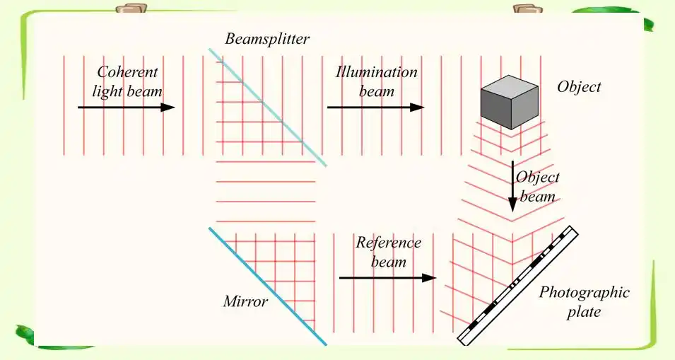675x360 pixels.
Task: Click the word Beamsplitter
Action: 267,39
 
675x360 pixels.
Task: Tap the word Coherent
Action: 127,72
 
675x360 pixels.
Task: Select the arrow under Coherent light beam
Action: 126,107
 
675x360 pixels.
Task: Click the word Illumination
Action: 377,72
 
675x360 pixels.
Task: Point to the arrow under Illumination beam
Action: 375,107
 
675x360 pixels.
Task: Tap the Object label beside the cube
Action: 579,87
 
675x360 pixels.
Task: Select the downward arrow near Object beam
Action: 513,187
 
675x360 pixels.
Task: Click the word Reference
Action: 388,243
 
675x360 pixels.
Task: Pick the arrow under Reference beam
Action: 387,278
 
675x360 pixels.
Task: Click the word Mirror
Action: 245,302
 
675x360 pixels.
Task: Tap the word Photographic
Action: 585,292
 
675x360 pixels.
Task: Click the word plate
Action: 583,312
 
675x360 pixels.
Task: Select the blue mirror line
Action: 267,286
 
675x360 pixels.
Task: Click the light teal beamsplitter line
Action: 267,107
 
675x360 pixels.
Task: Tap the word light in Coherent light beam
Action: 109,92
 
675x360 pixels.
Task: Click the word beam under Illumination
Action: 376,91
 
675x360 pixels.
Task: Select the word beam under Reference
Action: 389,262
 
